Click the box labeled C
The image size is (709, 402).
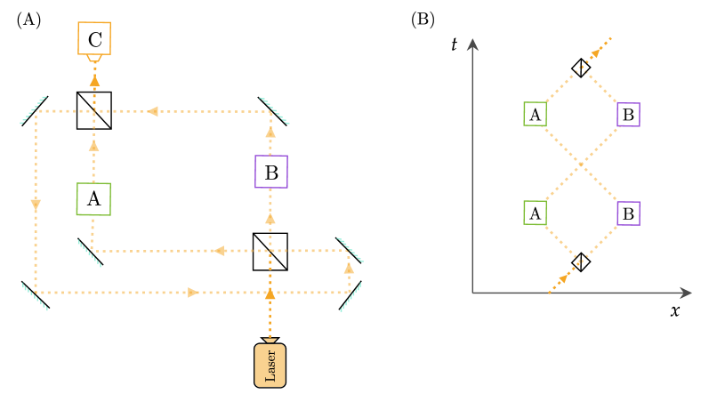click(94, 39)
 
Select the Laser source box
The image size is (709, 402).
click(270, 365)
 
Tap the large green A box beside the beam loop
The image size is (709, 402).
click(93, 199)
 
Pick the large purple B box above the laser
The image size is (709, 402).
click(271, 172)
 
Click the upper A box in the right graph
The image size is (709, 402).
click(535, 114)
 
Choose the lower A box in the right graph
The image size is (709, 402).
click(535, 213)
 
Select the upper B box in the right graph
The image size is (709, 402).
click(628, 114)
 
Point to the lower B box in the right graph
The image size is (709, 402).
click(628, 213)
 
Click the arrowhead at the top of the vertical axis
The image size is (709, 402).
click(472, 44)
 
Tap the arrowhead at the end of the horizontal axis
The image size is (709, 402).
click(685, 293)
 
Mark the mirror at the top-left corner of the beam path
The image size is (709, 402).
click(33, 110)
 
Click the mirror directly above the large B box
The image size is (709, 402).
click(274, 110)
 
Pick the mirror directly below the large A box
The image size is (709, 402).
click(89, 253)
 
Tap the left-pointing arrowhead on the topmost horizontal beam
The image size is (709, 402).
click(152, 111)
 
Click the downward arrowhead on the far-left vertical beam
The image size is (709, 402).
click(36, 205)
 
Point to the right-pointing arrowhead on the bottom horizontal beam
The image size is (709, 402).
click(194, 293)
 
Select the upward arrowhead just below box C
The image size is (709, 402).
click(94, 80)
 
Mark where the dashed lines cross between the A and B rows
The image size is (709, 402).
click(582, 164)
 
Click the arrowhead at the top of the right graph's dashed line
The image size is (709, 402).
click(596, 52)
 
